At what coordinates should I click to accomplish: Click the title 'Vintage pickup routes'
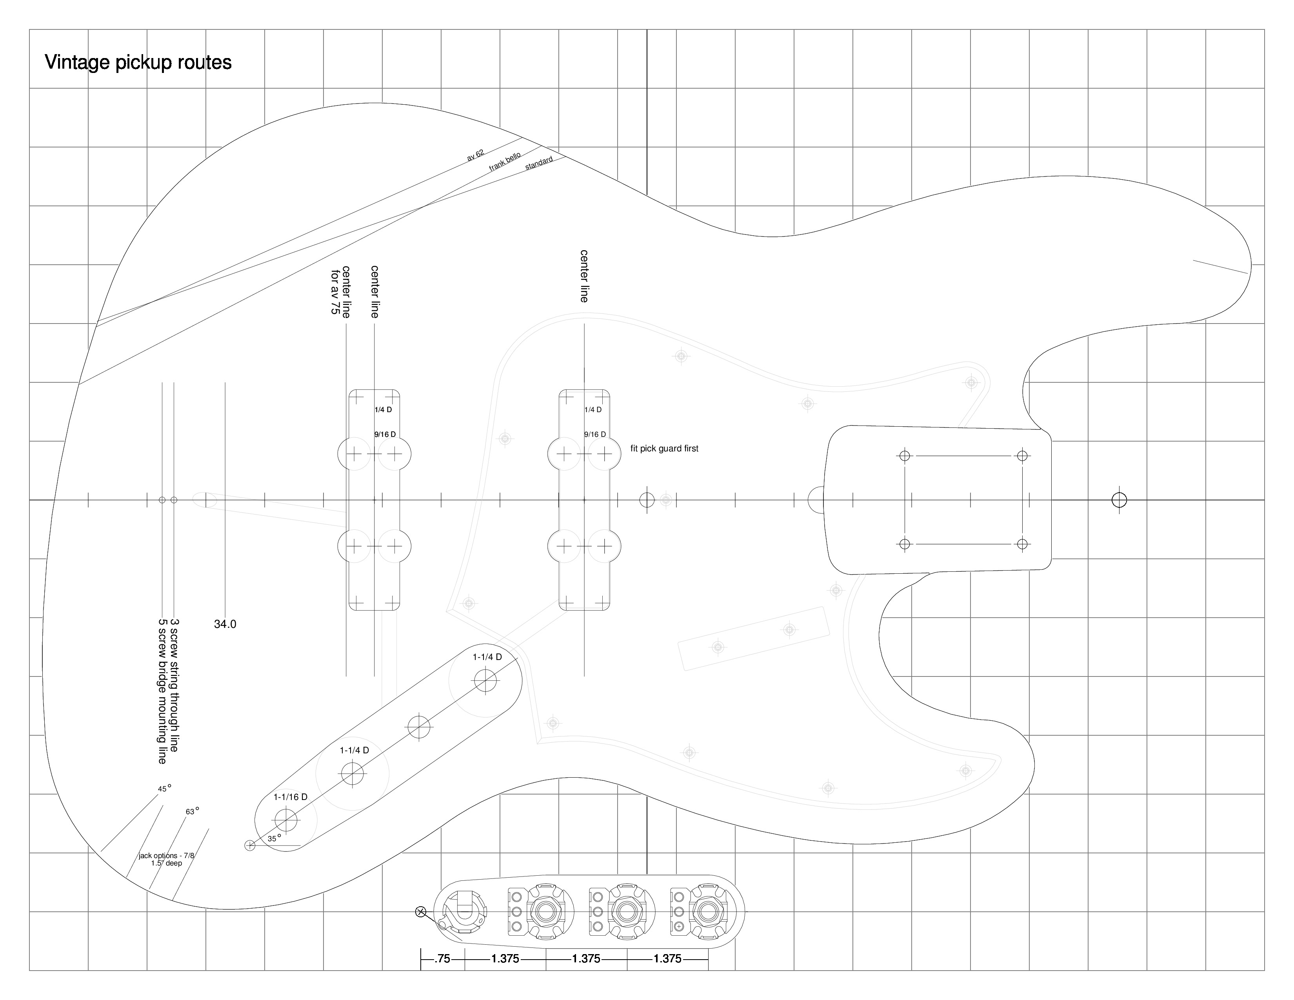pos(138,62)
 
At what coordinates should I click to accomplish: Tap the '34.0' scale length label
pos(225,624)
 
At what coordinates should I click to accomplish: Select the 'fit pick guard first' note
pos(664,449)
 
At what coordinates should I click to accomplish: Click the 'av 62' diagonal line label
pos(475,155)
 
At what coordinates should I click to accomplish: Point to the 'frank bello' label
pos(505,162)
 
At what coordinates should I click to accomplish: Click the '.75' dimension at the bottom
pos(442,958)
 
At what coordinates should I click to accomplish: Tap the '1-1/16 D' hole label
pos(290,797)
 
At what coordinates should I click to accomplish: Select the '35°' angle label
pos(274,838)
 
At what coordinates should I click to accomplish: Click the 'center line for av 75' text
pos(341,291)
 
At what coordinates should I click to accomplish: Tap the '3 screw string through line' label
pos(174,685)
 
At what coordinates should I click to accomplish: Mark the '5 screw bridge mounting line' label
pos(162,691)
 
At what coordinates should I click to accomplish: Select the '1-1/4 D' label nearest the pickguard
pos(487,657)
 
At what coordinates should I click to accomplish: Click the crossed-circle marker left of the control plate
pos(421,912)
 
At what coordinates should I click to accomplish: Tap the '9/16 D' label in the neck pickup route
pos(595,434)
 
